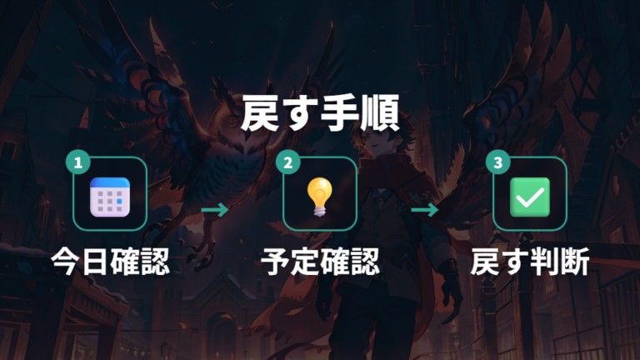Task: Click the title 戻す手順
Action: (320, 113)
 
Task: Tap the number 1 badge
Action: (78, 162)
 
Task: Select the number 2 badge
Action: (287, 162)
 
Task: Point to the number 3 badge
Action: (498, 162)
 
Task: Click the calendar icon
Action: (110, 197)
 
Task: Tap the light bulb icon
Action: (320, 197)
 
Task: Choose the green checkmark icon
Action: (530, 197)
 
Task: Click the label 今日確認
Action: (110, 262)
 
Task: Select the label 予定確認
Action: (320, 262)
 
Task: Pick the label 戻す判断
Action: (530, 262)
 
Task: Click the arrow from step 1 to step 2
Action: (215, 210)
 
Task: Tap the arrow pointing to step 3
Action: (425, 210)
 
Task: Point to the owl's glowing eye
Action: (232, 121)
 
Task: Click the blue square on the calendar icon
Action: (119, 201)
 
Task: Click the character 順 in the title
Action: (380, 113)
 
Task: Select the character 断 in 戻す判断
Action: (575, 262)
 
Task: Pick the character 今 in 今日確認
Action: (66, 262)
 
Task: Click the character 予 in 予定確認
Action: (276, 262)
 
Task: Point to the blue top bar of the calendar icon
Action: (110, 182)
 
